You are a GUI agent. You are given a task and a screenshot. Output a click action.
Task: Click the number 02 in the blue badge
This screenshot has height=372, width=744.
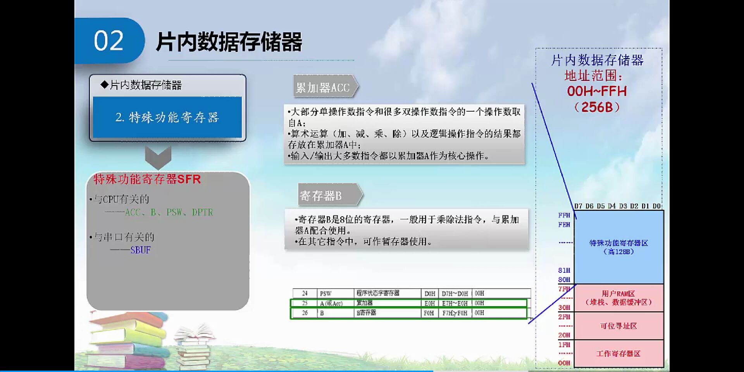[108, 41]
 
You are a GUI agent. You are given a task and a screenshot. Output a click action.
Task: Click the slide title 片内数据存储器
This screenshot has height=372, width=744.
[229, 41]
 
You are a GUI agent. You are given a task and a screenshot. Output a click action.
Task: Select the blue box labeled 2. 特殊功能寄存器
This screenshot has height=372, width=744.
[167, 117]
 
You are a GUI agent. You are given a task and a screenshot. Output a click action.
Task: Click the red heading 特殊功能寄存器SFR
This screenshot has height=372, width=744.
[147, 179]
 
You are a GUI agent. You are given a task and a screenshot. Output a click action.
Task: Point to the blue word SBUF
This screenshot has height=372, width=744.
[140, 250]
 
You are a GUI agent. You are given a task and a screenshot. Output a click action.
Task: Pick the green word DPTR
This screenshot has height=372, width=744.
[202, 212]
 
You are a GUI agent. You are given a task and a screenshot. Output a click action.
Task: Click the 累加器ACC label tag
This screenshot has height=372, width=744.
[324, 88]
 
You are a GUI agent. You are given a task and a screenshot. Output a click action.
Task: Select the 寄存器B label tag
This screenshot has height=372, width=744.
[322, 196]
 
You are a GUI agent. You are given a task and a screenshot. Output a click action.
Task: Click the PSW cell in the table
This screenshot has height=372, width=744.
[325, 294]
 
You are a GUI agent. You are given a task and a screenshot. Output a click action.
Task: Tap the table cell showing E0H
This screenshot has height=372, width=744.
[429, 303]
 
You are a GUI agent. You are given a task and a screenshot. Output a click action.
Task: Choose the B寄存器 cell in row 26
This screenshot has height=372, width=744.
[367, 313]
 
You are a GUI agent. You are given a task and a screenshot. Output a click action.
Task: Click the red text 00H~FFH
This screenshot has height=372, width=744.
[597, 91]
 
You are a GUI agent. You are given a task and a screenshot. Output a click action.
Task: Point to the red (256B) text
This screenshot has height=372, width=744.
[597, 107]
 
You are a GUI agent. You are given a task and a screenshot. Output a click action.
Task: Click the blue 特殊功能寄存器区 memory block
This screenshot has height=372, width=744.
[618, 247]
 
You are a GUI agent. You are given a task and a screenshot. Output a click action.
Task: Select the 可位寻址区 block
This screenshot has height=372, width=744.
[618, 326]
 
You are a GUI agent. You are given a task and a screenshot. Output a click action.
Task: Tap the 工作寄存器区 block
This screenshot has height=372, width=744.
[618, 353]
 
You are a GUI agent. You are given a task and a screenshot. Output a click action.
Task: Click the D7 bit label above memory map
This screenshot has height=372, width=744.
[578, 206]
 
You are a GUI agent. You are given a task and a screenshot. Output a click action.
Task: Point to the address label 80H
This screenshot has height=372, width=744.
[564, 280]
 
